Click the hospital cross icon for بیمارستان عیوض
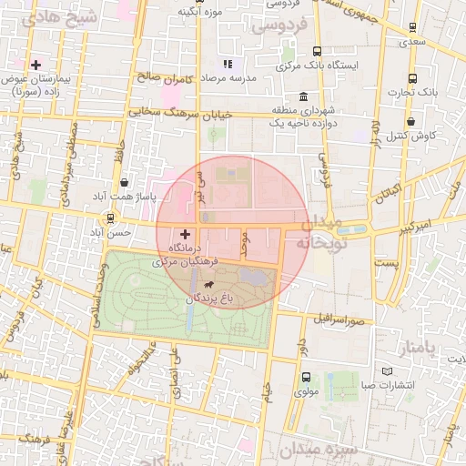[x=35, y=65]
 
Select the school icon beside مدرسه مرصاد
[x=228, y=64]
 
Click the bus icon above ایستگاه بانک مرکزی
[x=317, y=51]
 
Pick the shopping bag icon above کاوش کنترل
[x=411, y=120]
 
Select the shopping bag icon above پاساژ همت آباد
[x=124, y=181]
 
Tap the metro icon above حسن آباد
[x=110, y=218]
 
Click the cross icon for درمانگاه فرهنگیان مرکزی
[x=186, y=234]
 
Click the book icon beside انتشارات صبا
[x=389, y=371]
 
